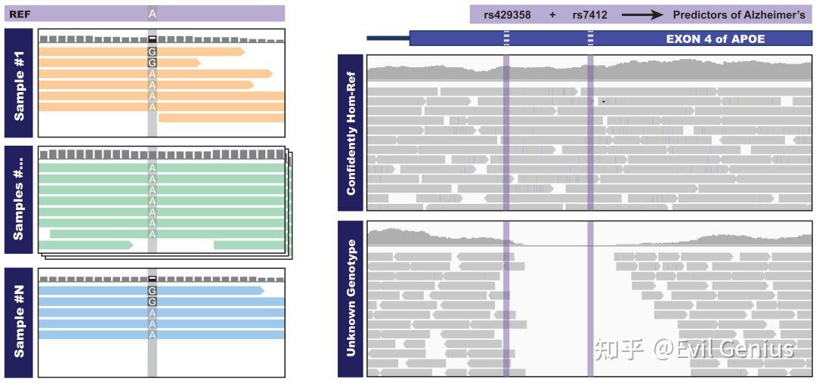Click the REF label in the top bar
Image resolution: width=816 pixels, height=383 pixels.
[19, 14]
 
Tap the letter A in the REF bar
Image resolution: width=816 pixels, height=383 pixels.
[152, 14]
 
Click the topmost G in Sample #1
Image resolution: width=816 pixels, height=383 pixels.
[152, 51]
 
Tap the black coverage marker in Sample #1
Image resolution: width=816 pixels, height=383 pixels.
[152, 39]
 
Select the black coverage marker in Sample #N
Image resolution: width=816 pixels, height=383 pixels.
[152, 279]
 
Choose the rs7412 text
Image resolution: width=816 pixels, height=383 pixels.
[590, 15]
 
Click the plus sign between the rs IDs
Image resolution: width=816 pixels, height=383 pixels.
[552, 15]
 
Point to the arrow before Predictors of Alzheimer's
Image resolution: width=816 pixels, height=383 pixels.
[642, 15]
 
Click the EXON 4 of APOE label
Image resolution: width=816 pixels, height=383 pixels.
[715, 39]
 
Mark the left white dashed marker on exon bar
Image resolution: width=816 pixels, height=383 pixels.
[506, 39]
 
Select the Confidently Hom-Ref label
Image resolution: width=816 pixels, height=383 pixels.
[351, 133]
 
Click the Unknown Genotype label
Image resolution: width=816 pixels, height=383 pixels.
[351, 298]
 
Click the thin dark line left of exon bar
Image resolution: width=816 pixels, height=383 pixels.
[388, 38]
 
